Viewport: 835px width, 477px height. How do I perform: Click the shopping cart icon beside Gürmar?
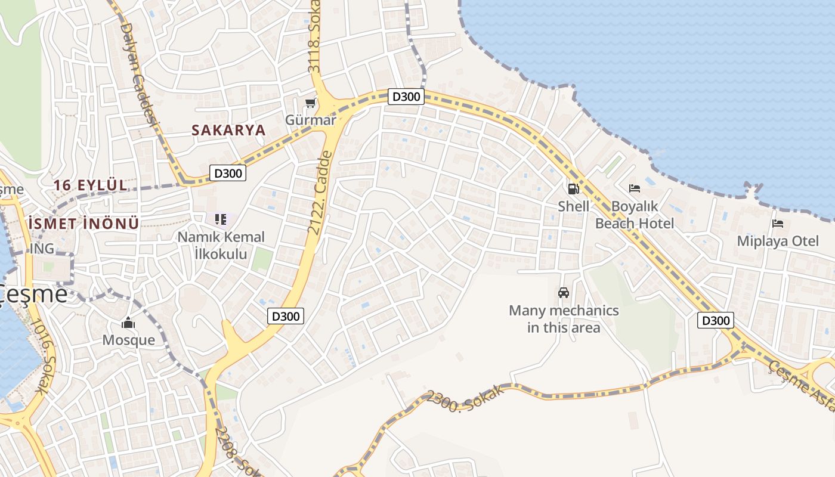[310, 103]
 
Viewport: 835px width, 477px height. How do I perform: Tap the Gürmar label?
[310, 120]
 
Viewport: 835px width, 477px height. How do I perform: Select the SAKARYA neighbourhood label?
[228, 130]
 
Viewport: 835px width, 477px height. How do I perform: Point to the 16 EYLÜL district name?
[91, 185]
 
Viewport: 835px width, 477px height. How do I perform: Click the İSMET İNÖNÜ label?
[84, 224]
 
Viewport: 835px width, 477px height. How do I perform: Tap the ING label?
[42, 248]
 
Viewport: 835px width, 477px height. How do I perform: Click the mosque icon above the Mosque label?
[128, 323]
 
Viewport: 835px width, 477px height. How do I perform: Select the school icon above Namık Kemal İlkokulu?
[221, 219]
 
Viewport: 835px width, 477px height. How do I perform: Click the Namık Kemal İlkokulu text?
[221, 245]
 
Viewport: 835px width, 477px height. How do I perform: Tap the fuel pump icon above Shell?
[573, 189]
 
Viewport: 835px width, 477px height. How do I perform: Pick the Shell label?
[573, 206]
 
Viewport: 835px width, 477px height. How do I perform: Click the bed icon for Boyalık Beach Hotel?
[635, 189]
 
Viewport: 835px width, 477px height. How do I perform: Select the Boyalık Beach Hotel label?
[635, 215]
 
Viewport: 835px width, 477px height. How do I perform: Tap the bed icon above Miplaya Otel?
[778, 224]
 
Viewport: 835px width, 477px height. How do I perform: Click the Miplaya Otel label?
[778, 241]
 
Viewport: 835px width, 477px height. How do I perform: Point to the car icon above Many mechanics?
[564, 293]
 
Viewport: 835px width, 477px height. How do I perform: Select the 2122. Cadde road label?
[320, 193]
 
